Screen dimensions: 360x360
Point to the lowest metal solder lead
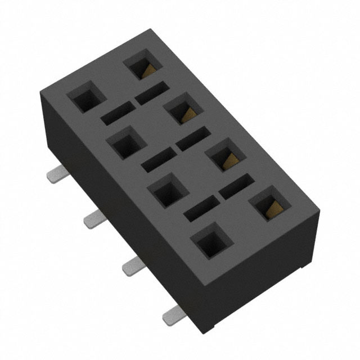point(172,317)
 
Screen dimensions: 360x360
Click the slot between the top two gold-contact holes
point(151,92)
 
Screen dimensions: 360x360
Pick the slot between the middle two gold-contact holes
point(193,139)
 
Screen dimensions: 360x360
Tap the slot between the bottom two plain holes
point(200,209)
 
